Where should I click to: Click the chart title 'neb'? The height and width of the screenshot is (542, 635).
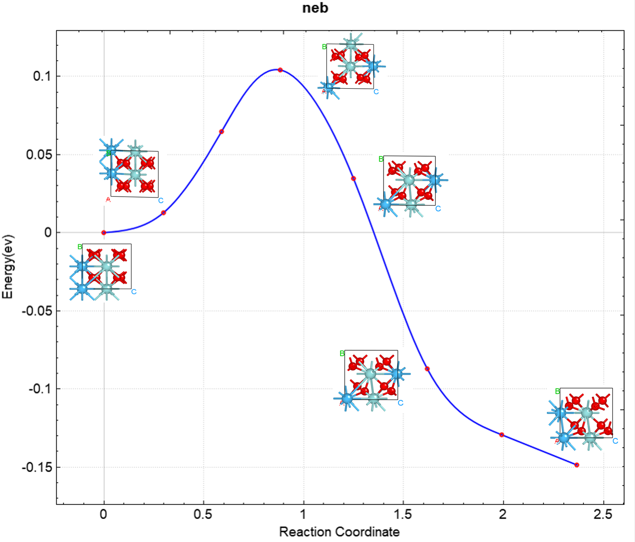click(315, 8)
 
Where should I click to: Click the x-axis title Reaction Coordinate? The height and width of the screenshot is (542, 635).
click(339, 532)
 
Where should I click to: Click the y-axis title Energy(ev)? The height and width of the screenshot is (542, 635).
click(8, 266)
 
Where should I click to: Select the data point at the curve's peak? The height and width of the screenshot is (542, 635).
click(280, 70)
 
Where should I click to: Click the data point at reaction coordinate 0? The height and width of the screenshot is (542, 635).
click(104, 233)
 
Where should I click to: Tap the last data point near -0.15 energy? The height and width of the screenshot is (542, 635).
click(577, 465)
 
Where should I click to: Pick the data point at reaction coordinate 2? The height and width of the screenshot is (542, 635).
click(502, 435)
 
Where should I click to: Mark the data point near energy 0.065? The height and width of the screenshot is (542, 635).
click(222, 132)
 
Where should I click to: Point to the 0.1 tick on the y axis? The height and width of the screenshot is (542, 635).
click(42, 76)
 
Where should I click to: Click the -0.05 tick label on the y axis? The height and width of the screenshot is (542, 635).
click(37, 311)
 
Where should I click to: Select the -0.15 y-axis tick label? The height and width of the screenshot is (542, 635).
click(37, 467)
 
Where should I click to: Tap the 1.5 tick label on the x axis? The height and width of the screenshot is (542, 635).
click(403, 515)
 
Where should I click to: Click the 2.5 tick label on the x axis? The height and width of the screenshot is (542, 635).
click(603, 515)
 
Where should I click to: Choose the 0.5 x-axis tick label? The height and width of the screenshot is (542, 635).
click(203, 515)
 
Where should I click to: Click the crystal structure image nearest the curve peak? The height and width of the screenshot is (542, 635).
click(351, 66)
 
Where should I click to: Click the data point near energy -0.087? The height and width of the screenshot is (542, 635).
click(427, 369)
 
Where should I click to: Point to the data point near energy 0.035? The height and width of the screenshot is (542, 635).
click(354, 179)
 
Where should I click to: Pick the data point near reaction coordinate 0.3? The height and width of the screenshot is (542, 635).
click(164, 212)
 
